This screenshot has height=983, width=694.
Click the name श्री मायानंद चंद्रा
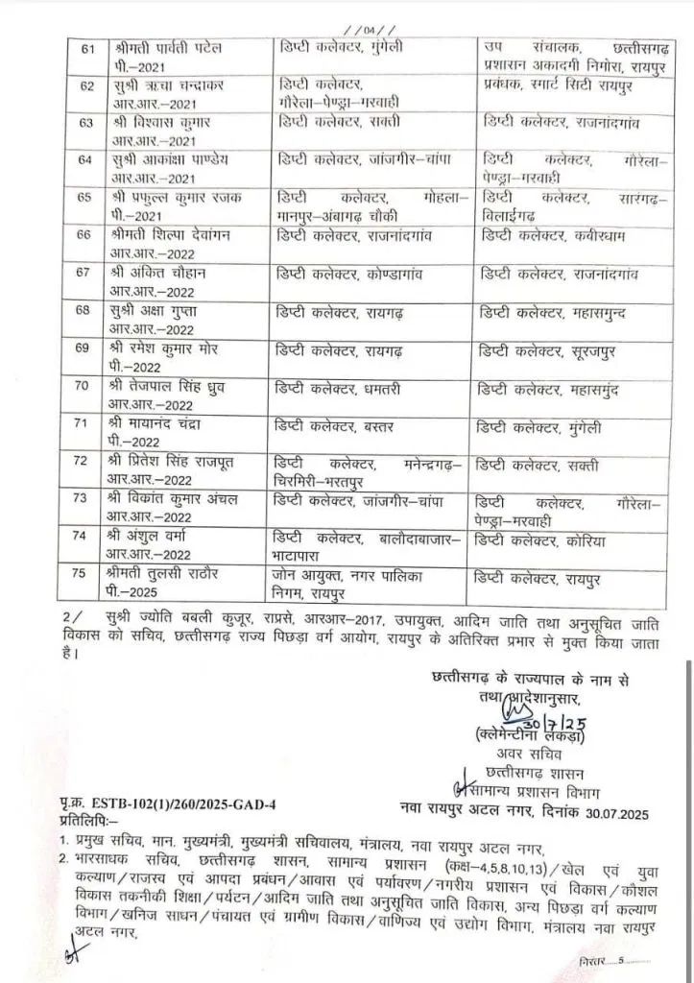coord(155,423)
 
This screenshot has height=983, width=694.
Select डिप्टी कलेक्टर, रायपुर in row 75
coord(537,579)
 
